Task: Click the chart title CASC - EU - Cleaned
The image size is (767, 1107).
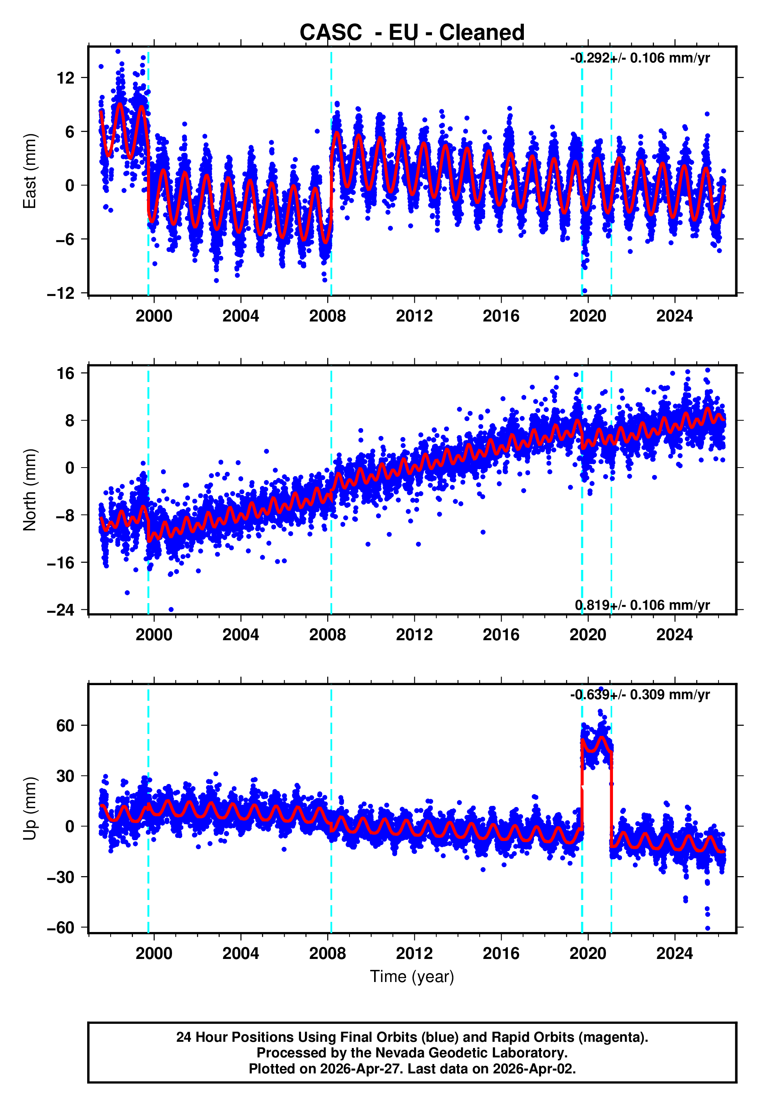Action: pyautogui.click(x=412, y=33)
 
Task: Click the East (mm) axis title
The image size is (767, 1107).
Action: pyautogui.click(x=30, y=171)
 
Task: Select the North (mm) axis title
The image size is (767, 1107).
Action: pyautogui.click(x=30, y=490)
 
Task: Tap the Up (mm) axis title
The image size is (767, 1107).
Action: pyautogui.click(x=30, y=809)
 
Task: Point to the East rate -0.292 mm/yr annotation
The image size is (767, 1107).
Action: pyautogui.click(x=640, y=58)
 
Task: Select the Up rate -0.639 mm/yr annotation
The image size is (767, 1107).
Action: pyautogui.click(x=640, y=695)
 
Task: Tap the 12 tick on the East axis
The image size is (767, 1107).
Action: pyautogui.click(x=65, y=78)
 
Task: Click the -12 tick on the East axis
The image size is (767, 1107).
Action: pyautogui.click(x=61, y=293)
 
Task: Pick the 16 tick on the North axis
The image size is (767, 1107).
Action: pyautogui.click(x=65, y=373)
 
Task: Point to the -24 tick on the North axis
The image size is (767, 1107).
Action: pyautogui.click(x=61, y=610)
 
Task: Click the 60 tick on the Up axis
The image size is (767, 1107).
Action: pyautogui.click(x=65, y=725)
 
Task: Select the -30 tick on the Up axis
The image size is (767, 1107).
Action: pyautogui.click(x=61, y=877)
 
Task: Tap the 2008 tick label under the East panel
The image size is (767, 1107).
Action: pyautogui.click(x=327, y=316)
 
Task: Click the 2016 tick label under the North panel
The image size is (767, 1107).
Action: pyautogui.click(x=501, y=635)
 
